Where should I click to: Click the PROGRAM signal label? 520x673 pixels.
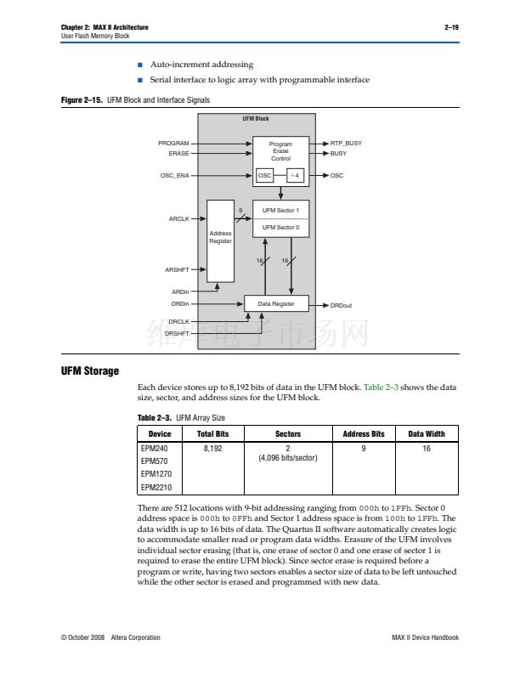(x=173, y=144)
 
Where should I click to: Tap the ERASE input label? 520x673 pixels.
(x=178, y=154)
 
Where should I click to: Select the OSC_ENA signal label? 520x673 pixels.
(x=174, y=175)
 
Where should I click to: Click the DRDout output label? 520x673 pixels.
(x=342, y=304)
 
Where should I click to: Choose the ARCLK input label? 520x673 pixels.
(x=178, y=218)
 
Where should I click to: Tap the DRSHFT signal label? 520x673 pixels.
(x=177, y=333)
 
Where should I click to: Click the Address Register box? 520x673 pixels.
(x=221, y=238)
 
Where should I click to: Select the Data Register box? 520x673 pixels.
(x=277, y=303)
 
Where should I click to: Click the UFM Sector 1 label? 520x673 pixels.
(x=280, y=210)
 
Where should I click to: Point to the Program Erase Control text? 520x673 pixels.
(x=280, y=151)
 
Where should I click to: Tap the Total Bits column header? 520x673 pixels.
(x=212, y=434)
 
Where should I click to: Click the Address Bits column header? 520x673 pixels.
(x=364, y=434)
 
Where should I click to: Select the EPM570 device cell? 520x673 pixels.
(x=153, y=461)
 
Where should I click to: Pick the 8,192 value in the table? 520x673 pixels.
(x=212, y=448)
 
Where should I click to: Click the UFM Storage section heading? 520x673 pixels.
(x=89, y=371)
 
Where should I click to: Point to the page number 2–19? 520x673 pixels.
(x=451, y=27)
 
